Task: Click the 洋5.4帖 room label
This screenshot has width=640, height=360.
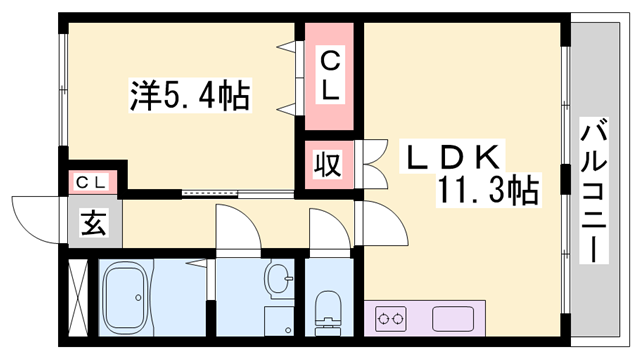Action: click(x=188, y=97)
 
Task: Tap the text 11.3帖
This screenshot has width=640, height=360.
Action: click(x=487, y=189)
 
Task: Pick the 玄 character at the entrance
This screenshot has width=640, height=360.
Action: click(x=93, y=222)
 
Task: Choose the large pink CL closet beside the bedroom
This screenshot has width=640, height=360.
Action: click(x=330, y=75)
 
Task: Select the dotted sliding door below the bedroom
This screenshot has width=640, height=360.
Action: click(x=213, y=191)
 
